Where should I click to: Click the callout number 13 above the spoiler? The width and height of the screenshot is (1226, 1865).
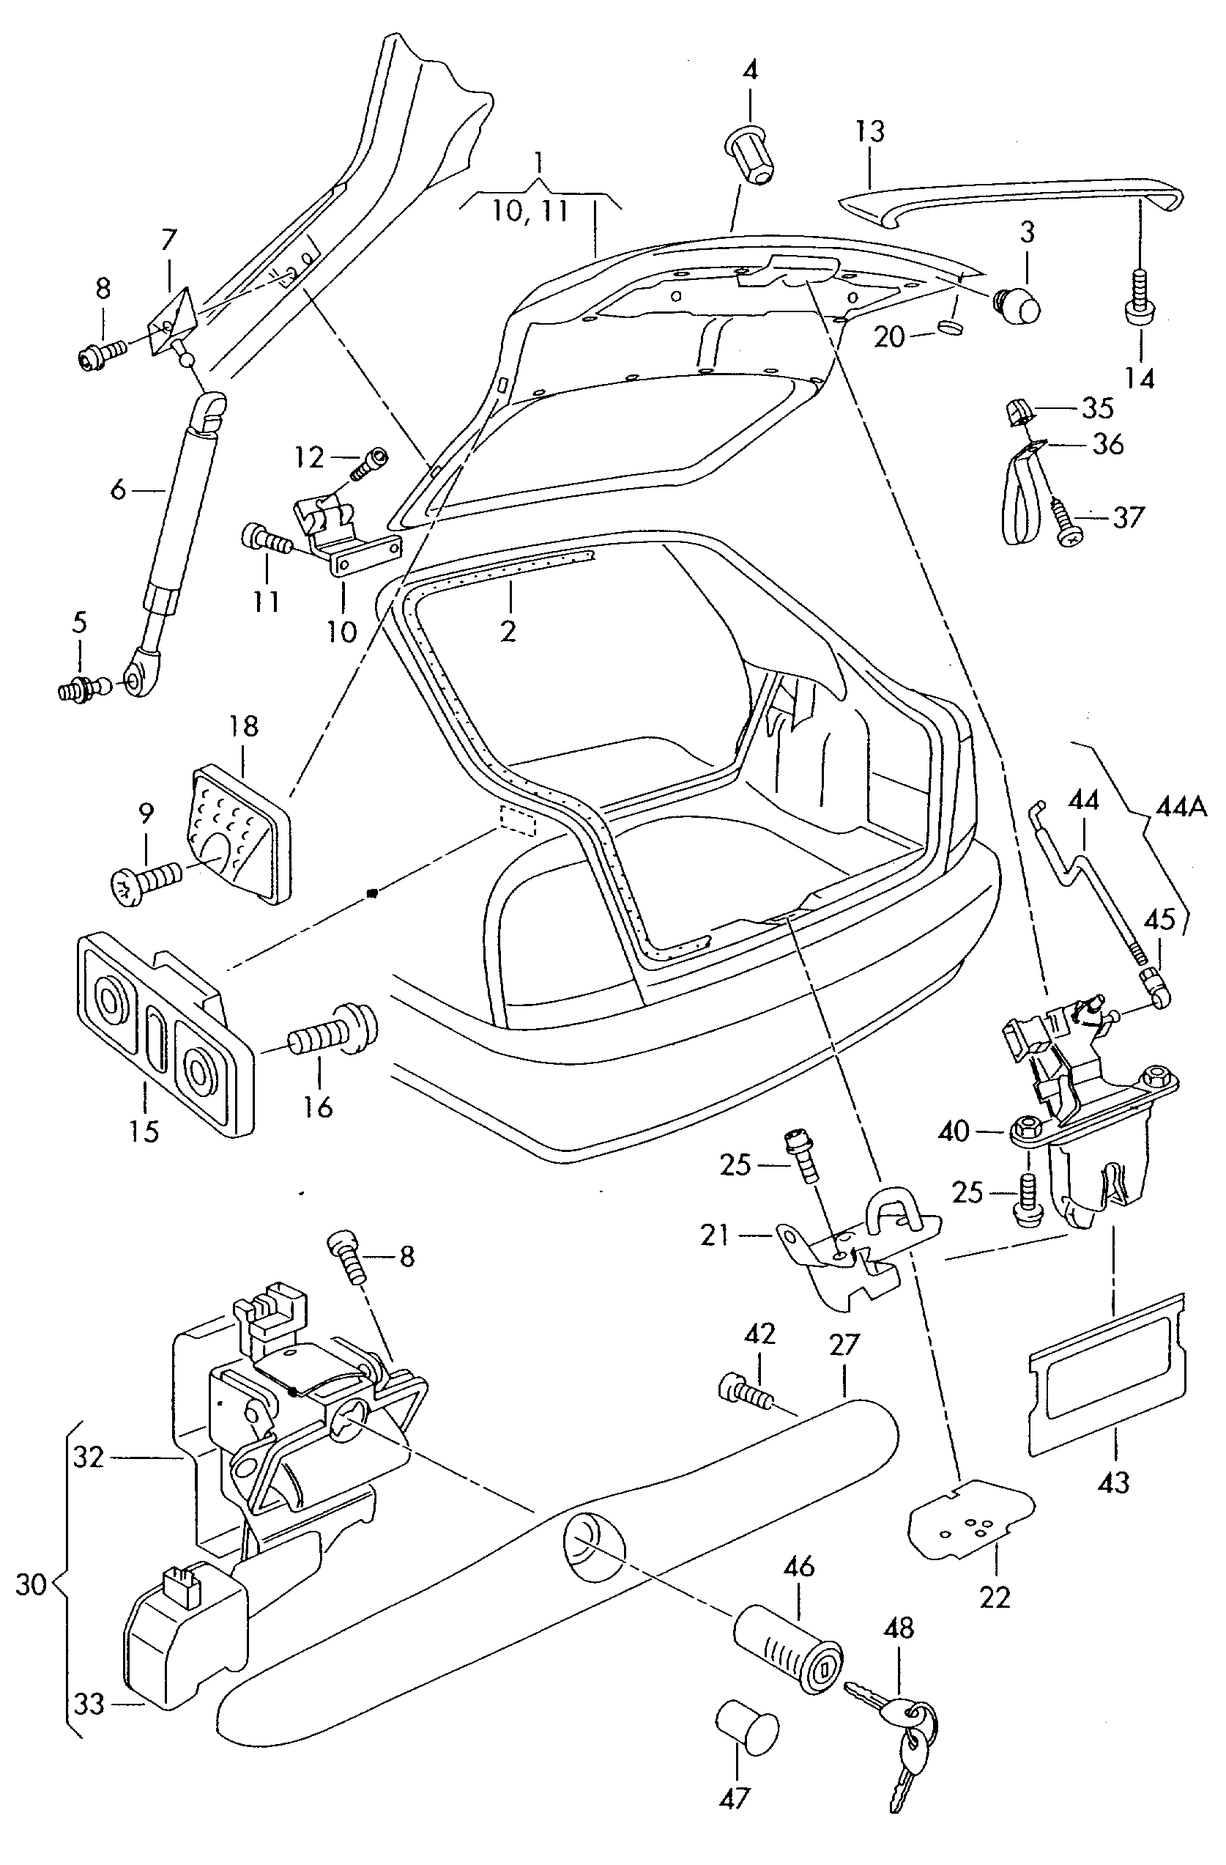point(869,132)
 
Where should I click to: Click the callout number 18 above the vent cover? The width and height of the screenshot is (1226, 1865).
point(244,726)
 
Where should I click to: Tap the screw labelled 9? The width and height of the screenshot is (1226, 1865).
point(145,878)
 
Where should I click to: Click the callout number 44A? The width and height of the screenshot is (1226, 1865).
point(1181,806)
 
